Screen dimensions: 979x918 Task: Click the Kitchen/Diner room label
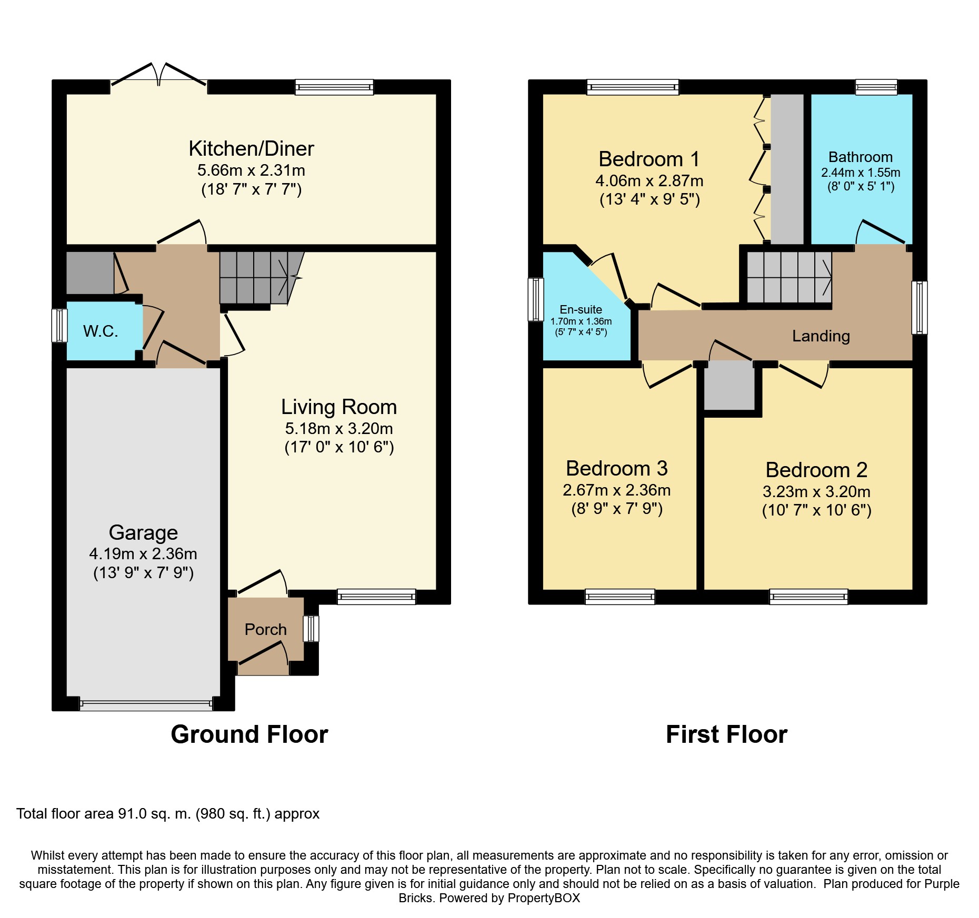pos(251,149)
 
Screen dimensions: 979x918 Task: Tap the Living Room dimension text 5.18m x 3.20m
pos(339,429)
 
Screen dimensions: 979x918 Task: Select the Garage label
pos(143,533)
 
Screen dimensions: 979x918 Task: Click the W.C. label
pos(101,331)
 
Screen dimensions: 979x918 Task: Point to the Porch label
pos(266,629)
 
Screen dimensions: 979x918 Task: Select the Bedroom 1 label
pos(649,159)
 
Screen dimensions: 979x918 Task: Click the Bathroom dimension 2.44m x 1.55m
pos(861,173)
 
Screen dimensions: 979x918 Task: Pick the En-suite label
pos(581,310)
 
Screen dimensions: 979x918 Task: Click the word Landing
pos(821,336)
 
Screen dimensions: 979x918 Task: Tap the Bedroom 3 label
pos(617,468)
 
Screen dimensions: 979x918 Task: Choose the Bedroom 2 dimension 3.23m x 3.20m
pos(816,492)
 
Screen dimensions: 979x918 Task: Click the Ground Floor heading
pos(249,734)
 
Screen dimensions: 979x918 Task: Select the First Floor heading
pos(726,734)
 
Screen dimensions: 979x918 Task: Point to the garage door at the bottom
pos(146,704)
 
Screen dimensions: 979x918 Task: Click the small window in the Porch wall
pos(311,629)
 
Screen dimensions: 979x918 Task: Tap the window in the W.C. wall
pos(59,326)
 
